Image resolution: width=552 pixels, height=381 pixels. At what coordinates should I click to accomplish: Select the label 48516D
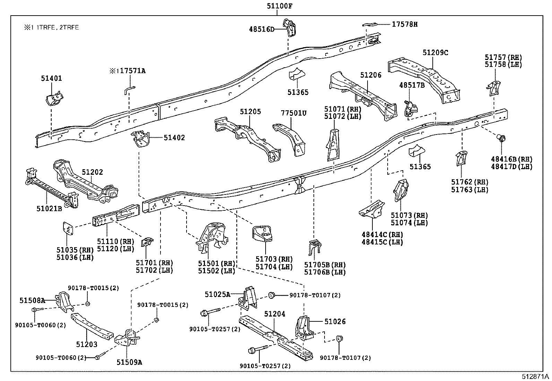261,29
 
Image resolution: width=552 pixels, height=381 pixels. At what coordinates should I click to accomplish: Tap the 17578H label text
405,24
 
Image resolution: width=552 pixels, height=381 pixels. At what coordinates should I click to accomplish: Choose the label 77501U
294,113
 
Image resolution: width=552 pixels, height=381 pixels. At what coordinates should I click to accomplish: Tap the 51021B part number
49,208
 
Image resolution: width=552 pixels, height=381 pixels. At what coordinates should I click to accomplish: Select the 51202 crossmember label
92,172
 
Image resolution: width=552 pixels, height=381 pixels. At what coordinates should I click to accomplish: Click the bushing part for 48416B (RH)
501,138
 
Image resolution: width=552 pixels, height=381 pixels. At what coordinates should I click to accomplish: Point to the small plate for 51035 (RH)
67,228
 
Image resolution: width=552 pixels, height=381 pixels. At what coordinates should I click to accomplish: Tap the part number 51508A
32,301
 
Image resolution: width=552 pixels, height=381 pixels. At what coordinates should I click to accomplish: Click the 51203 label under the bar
87,344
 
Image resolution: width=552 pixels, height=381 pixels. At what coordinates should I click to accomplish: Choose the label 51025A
217,294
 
